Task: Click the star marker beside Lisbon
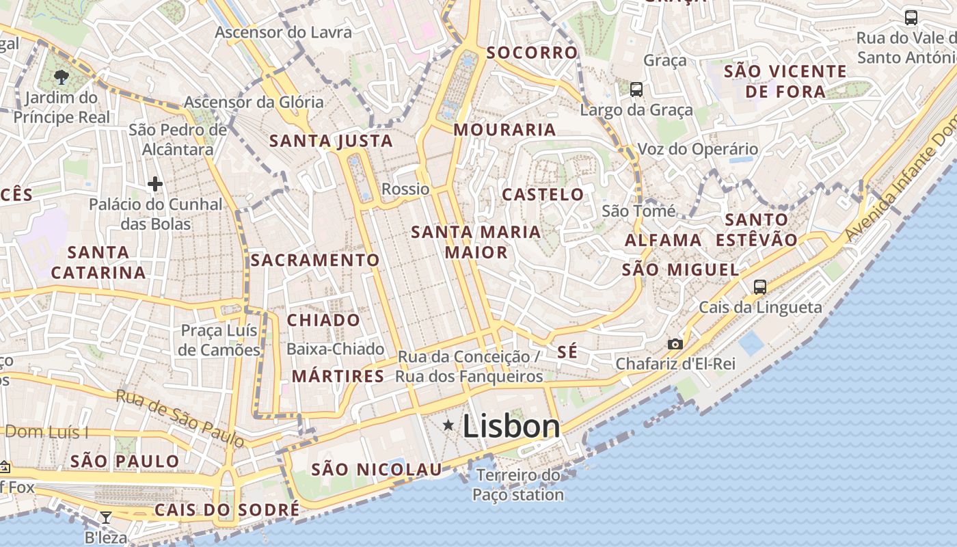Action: tap(448, 425)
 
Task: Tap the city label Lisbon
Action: tap(511, 427)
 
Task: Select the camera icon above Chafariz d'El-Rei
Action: tap(675, 344)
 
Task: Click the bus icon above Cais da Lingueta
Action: tap(760, 287)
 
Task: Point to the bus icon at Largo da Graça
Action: tap(636, 89)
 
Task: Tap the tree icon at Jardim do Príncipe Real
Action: tap(62, 77)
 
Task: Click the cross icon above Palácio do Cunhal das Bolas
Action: tap(155, 184)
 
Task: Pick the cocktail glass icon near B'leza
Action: tap(106, 518)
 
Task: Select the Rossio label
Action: tap(405, 189)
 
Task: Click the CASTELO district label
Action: tap(543, 195)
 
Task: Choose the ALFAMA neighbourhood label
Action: tap(663, 241)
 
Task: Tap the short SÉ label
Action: tap(567, 352)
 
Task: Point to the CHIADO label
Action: tap(323, 320)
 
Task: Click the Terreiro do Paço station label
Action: tap(519, 485)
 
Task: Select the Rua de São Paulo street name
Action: tap(180, 418)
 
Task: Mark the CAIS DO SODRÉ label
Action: tap(227, 510)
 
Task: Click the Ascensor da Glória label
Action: tap(254, 103)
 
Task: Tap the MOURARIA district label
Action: tap(505, 130)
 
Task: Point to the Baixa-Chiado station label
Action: tap(335, 349)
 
